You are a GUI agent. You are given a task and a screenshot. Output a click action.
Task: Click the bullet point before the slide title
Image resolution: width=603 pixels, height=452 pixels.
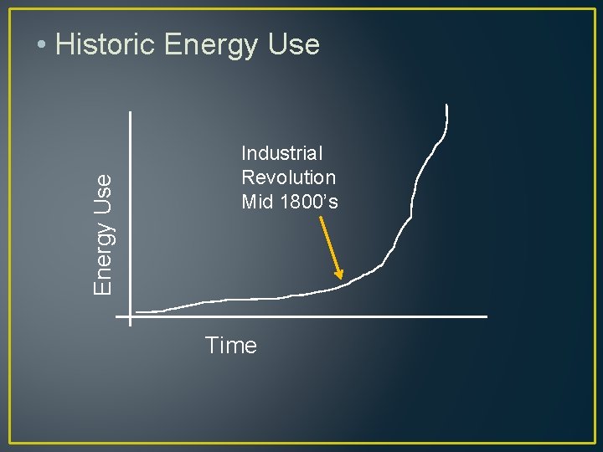[42, 44]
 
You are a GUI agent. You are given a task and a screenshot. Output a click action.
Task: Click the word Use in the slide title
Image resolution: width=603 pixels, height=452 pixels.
[293, 44]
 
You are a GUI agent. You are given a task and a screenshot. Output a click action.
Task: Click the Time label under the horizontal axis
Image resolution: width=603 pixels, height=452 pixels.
[230, 346]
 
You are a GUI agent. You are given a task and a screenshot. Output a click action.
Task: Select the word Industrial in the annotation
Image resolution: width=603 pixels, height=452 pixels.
[281, 153]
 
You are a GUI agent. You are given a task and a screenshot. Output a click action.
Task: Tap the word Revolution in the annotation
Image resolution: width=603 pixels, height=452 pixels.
[288, 177]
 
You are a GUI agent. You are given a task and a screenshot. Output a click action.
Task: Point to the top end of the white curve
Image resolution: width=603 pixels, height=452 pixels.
[447, 105]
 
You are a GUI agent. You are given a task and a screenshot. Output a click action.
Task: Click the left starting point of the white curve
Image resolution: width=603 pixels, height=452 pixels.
[137, 312]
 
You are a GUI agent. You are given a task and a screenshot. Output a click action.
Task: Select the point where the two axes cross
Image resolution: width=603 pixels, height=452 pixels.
[131, 317]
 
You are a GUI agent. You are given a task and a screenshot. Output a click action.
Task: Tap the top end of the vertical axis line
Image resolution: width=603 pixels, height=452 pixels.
[131, 112]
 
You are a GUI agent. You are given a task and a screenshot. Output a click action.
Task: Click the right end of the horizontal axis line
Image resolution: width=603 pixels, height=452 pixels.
[487, 317]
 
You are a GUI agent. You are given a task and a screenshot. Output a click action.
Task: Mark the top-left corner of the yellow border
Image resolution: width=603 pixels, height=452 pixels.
[10, 9]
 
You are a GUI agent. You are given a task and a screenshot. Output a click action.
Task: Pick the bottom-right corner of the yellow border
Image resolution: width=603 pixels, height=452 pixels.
[593, 442]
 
